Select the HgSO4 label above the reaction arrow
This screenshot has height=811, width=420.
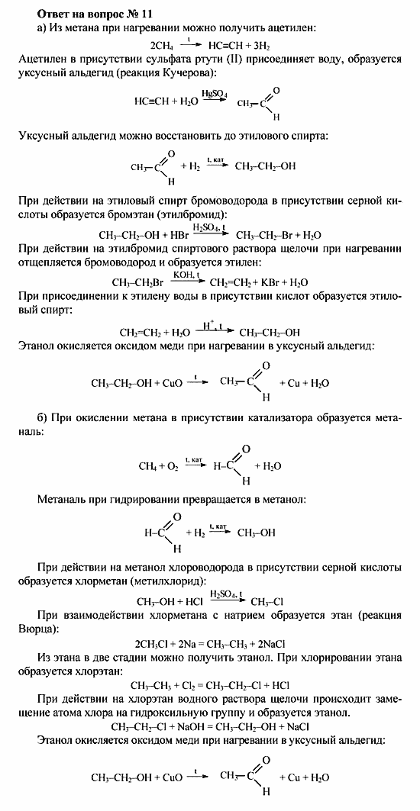coord(214,92)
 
